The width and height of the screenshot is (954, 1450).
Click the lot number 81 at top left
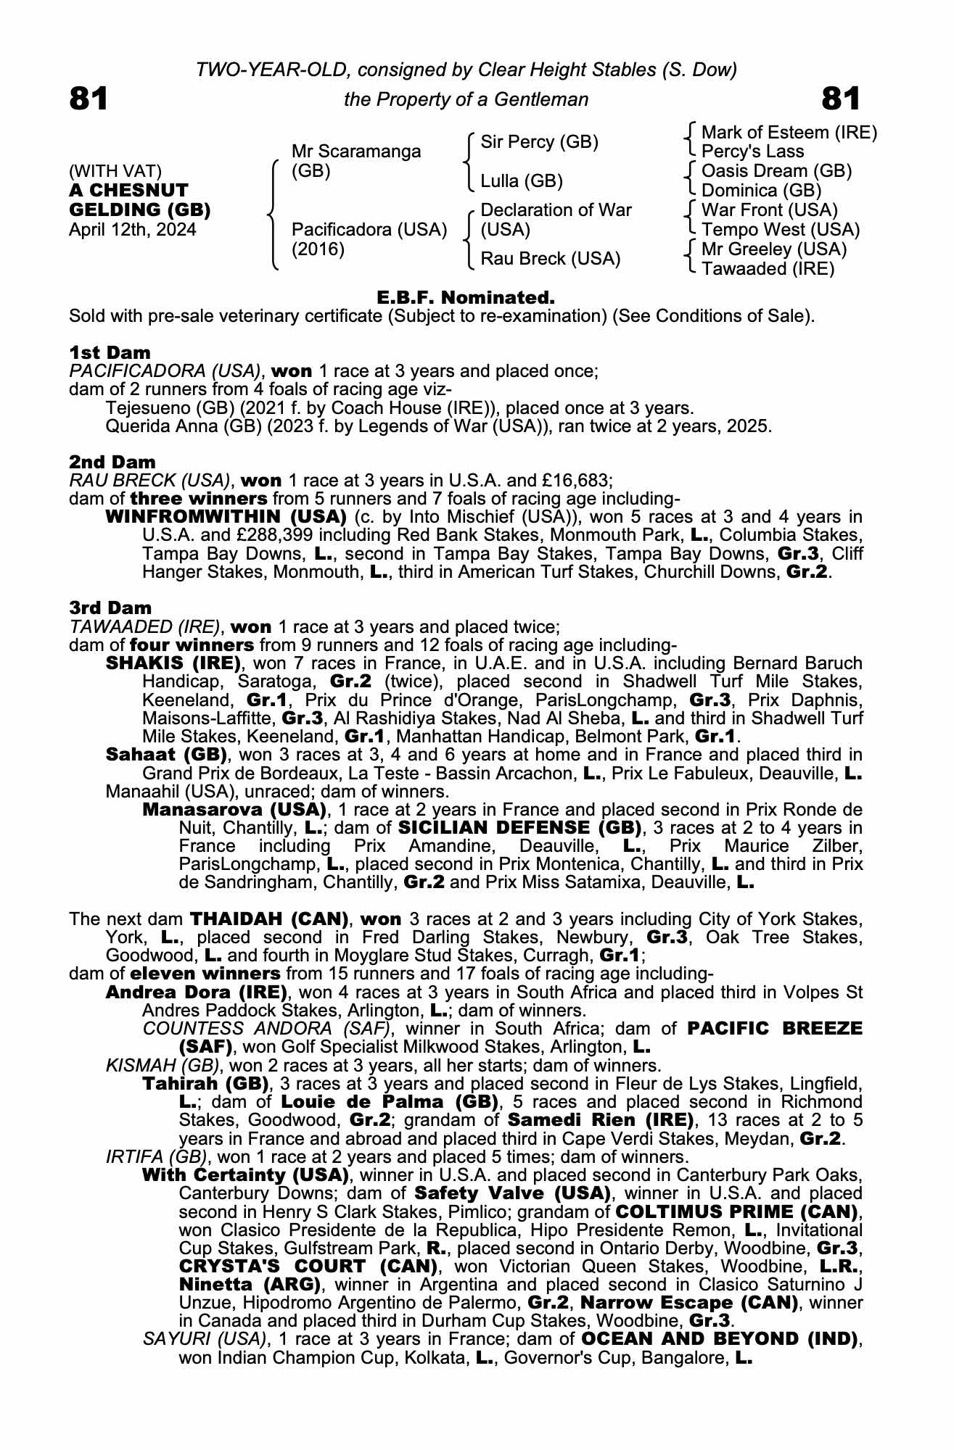tap(89, 99)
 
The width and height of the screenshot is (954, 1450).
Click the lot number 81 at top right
tap(842, 99)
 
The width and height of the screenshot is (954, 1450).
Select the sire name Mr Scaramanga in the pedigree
tap(355, 152)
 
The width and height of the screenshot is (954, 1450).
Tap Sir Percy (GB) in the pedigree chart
tap(539, 142)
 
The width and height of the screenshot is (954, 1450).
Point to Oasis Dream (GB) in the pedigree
tap(776, 171)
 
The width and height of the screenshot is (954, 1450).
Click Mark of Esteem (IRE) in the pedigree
tap(789, 133)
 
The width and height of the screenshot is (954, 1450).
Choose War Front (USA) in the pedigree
tap(770, 210)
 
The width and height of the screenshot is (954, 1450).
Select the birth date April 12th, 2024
tap(132, 230)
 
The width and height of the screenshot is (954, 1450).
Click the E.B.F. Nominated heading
tap(466, 297)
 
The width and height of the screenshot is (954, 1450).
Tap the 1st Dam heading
tap(110, 352)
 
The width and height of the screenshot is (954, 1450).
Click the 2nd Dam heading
tap(112, 462)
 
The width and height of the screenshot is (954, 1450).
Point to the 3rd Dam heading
tap(110, 608)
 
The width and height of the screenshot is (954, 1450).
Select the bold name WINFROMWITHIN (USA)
tap(226, 517)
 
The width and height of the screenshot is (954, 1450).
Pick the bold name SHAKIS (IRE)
tap(173, 663)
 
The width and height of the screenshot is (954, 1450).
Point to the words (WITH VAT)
tap(115, 171)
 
